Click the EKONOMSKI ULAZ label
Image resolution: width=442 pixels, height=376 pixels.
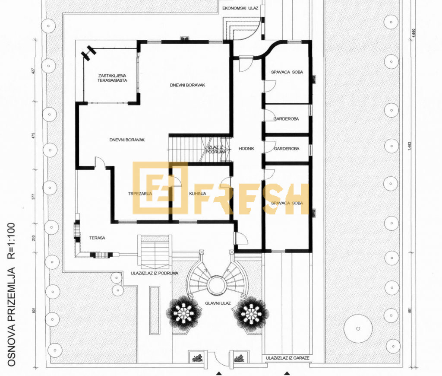tap(240, 8)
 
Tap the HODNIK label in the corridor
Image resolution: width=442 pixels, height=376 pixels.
tap(246, 149)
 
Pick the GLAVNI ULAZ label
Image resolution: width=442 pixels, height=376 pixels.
tap(218, 303)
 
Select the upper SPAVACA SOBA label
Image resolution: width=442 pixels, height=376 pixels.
tap(287, 72)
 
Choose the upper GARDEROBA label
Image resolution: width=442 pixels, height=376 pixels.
tap(286, 118)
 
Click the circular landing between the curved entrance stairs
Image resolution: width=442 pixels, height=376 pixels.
tap(215, 285)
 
